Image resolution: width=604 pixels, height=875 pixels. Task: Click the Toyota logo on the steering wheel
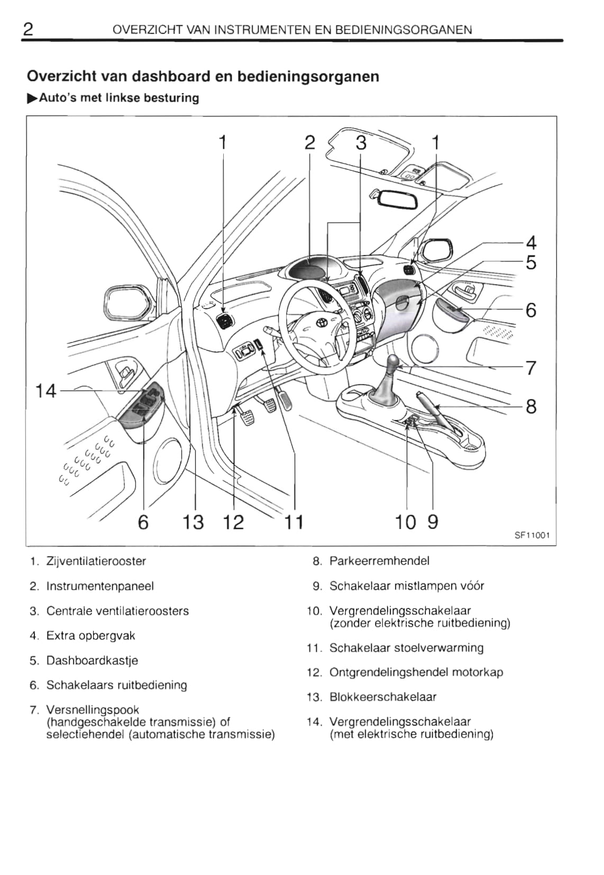[x=321, y=322]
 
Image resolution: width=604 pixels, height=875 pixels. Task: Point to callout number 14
[x=45, y=391]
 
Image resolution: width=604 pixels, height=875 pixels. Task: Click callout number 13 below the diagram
[x=193, y=522]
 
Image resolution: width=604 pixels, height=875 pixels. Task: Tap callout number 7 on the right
[x=531, y=367]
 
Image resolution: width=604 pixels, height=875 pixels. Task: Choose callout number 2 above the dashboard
[x=309, y=143]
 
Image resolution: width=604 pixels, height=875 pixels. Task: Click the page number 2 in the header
[x=29, y=29]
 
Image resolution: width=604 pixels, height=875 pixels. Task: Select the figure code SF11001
[x=532, y=535]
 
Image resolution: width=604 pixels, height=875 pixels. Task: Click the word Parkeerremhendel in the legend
[x=379, y=561]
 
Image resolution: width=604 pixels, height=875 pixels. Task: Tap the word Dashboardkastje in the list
[x=92, y=660]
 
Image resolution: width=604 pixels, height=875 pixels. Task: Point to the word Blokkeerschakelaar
[x=383, y=697]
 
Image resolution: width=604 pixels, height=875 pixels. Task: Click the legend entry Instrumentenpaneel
[x=100, y=586]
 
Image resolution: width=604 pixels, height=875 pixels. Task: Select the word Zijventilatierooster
[x=96, y=561]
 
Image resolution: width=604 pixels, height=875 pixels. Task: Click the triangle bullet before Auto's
[x=32, y=98]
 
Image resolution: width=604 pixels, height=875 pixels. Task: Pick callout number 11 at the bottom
[x=294, y=522]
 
